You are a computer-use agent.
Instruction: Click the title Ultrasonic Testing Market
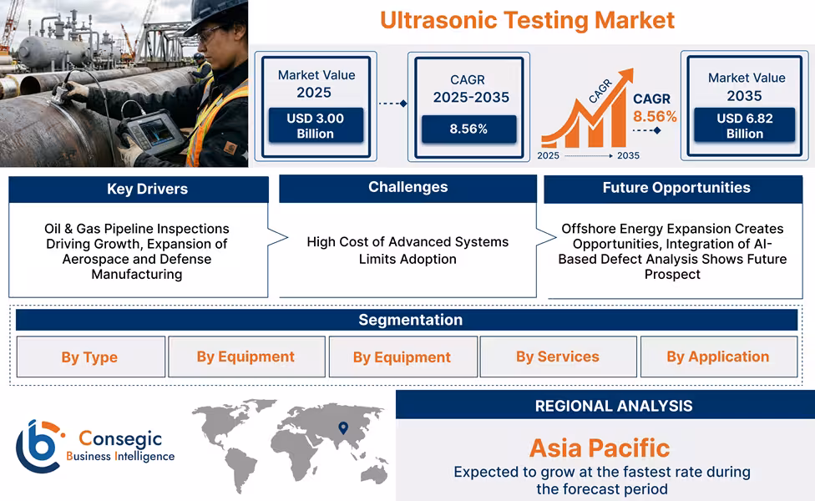pyautogui.click(x=527, y=19)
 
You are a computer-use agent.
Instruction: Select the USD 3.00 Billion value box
pyautogui.click(x=315, y=126)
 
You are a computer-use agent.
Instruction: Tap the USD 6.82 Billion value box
pyautogui.click(x=745, y=126)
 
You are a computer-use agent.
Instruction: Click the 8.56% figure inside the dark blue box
pyautogui.click(x=468, y=129)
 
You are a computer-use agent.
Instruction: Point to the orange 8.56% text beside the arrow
pyautogui.click(x=655, y=117)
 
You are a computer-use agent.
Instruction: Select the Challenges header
pyautogui.click(x=407, y=188)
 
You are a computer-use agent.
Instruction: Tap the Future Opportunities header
pyautogui.click(x=676, y=188)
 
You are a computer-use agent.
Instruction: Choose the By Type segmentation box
pyautogui.click(x=89, y=357)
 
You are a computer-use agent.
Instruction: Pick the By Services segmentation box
pyautogui.click(x=557, y=357)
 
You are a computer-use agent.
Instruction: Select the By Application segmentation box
pyautogui.click(x=717, y=357)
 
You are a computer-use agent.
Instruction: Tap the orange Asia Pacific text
pyautogui.click(x=599, y=448)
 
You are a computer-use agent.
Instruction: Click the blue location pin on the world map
pyautogui.click(x=342, y=428)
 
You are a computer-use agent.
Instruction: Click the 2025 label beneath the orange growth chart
pyautogui.click(x=549, y=155)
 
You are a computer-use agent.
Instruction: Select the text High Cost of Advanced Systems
pyautogui.click(x=407, y=242)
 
